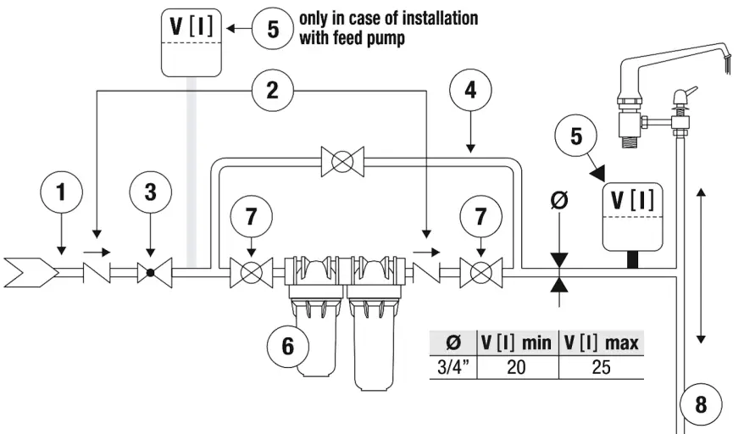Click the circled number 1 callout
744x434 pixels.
point(60,192)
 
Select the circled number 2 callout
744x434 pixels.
point(272,90)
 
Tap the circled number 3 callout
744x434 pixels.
point(150,192)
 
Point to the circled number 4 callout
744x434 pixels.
point(471,90)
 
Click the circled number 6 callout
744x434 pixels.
point(286,347)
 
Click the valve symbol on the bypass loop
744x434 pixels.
point(342,161)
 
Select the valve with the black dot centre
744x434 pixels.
point(150,274)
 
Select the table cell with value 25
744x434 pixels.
point(600,367)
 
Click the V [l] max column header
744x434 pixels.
point(600,342)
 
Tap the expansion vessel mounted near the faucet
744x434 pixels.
point(633,215)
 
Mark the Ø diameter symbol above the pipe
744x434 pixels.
point(559,201)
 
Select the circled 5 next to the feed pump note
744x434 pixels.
point(273,29)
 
